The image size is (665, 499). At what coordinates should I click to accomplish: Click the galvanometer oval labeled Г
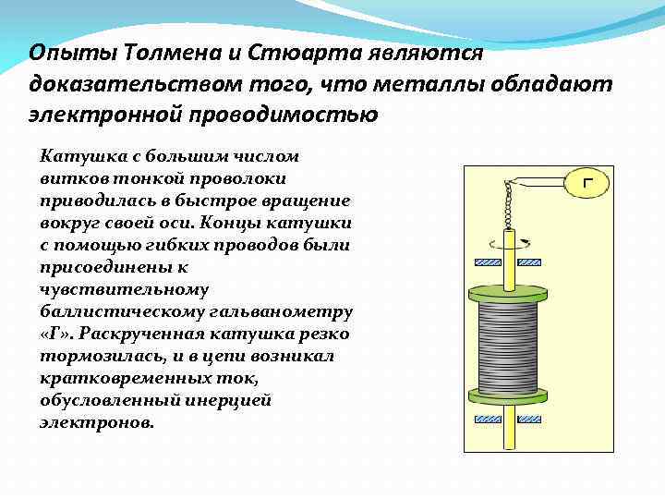pyautogui.click(x=587, y=183)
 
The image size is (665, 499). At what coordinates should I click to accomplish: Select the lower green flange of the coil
pyautogui.click(x=503, y=396)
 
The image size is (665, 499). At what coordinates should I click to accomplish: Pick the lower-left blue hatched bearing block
pyautogui.click(x=482, y=420)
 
